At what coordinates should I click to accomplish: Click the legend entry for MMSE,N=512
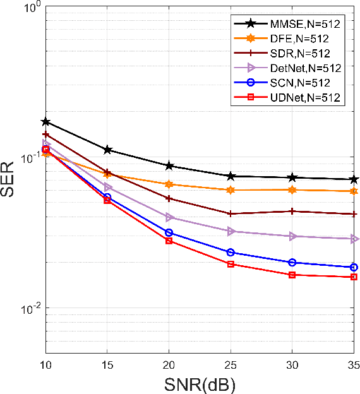(x=297, y=24)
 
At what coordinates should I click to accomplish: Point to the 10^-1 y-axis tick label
(x=28, y=157)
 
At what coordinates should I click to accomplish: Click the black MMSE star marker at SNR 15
(x=107, y=150)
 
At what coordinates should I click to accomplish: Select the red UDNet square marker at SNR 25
(x=231, y=264)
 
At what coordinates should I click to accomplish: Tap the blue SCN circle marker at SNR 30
(x=292, y=262)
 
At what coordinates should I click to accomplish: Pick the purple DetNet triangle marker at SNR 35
(x=354, y=239)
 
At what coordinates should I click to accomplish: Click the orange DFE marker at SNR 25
(x=231, y=190)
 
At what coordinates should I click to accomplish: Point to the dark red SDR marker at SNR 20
(x=169, y=198)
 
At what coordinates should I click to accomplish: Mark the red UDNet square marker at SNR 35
(x=354, y=277)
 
